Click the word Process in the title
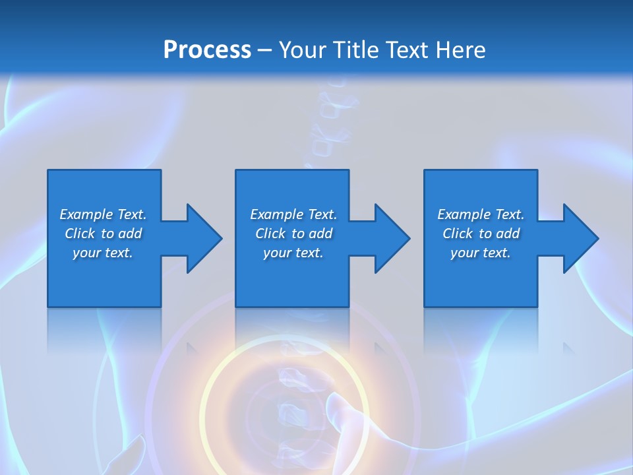207,50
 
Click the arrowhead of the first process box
204,238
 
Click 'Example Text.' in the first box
103,214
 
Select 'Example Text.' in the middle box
293,214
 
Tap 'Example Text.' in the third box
481,214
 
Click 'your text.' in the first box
103,253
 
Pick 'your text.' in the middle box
293,253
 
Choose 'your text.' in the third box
481,253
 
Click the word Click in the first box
80,234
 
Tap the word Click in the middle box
270,234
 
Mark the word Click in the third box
458,234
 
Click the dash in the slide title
264,51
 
